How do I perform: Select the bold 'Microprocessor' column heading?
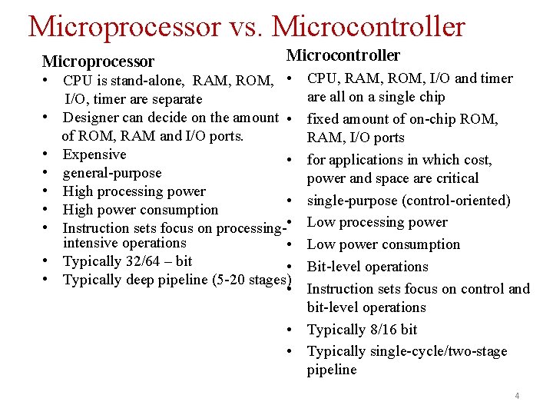click(x=98, y=61)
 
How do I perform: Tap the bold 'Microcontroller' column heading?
click(x=343, y=55)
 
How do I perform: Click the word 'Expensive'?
click(x=94, y=154)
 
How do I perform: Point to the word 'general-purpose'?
click(x=112, y=173)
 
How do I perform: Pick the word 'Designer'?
click(x=91, y=118)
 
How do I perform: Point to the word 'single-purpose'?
click(x=353, y=201)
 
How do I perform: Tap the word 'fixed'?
click(x=323, y=119)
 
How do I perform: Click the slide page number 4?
click(x=517, y=396)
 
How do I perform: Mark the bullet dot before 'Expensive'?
click(x=47, y=154)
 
